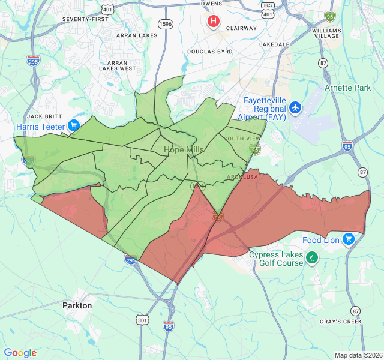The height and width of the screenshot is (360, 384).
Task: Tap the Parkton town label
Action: pyautogui.click(x=77, y=305)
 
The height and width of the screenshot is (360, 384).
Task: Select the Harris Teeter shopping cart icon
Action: pyautogui.click(x=74, y=125)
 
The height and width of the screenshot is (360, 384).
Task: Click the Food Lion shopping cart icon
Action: pyautogui.click(x=349, y=239)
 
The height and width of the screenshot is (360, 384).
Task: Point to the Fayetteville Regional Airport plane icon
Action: pyautogui.click(x=295, y=108)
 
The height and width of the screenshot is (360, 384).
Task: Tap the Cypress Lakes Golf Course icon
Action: pyautogui.click(x=312, y=259)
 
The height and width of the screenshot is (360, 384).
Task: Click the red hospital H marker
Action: pyautogui.click(x=213, y=22)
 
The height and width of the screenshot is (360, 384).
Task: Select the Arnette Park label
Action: pyautogui.click(x=348, y=88)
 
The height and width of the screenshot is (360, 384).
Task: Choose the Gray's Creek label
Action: pyautogui.click(x=341, y=322)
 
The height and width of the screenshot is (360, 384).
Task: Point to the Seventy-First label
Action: pyautogui.click(x=86, y=19)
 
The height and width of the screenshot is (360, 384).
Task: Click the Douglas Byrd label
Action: pyautogui.click(x=209, y=52)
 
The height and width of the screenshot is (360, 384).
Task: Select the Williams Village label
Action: pyautogui.click(x=326, y=33)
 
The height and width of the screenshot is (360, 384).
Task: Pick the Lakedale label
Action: pyautogui.click(x=274, y=44)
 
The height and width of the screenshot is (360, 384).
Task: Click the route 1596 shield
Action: pyautogui.click(x=166, y=23)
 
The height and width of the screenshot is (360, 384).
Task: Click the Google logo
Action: pyautogui.click(x=20, y=353)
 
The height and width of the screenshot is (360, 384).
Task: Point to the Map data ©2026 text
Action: pyautogui.click(x=358, y=355)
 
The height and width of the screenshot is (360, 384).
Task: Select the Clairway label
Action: pyautogui.click(x=241, y=28)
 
